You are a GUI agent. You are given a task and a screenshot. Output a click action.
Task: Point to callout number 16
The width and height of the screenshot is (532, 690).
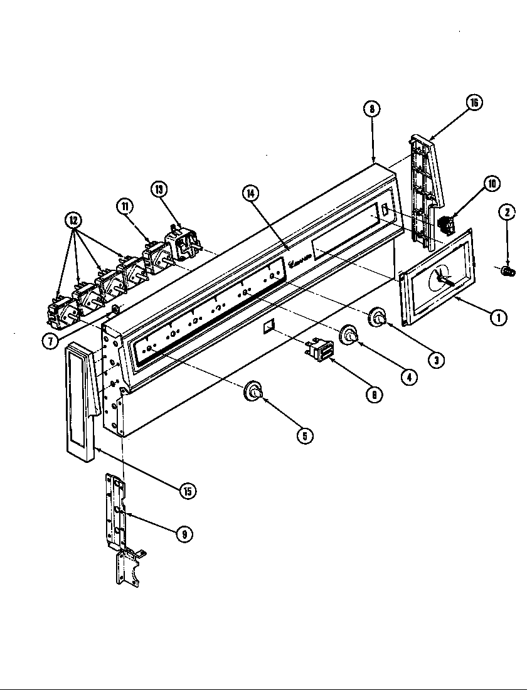(x=474, y=102)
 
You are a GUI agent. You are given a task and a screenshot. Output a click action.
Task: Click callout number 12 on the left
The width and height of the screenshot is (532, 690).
(x=74, y=220)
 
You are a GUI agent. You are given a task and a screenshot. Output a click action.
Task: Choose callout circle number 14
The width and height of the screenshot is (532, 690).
(x=251, y=193)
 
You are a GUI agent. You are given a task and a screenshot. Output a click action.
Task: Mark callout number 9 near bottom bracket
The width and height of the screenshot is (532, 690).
(x=184, y=534)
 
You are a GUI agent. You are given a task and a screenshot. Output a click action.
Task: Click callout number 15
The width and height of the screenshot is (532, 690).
(x=186, y=491)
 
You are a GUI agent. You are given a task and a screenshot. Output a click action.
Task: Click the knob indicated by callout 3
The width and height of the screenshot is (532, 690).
(x=378, y=318)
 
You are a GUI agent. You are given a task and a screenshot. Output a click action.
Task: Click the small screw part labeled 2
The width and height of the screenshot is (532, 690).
(x=508, y=270)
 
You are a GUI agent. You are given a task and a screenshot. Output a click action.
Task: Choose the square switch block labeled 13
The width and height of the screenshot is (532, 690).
(x=182, y=245)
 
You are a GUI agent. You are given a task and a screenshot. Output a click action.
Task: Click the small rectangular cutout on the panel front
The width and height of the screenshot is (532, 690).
(x=268, y=326)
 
